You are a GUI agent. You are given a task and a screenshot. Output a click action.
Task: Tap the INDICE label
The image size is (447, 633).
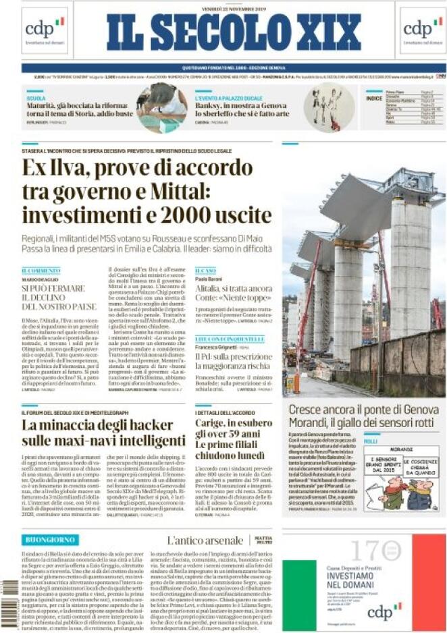tap(373, 98)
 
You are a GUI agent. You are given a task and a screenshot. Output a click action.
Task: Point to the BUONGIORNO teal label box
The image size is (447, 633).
tap(50, 540)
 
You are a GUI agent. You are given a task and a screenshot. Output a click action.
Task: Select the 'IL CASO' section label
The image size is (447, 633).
tap(205, 270)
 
